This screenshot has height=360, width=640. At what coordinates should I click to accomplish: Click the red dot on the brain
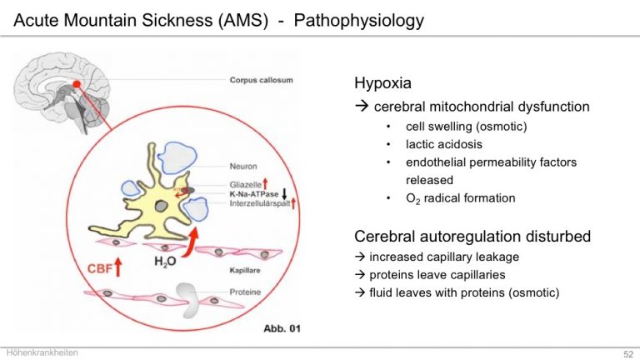77,84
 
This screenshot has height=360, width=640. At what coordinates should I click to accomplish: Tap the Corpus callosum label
261,80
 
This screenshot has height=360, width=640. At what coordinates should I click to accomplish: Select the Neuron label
243,166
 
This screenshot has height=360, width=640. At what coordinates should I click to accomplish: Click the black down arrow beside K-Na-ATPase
284,194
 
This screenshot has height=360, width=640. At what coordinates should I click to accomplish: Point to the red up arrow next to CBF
118,267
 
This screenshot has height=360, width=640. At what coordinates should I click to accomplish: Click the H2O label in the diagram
165,262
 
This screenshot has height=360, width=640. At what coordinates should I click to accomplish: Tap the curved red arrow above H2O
190,242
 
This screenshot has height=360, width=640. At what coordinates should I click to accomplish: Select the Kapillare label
245,270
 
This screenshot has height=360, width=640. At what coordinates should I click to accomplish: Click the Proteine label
245,292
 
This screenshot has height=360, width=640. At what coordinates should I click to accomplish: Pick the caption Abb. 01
282,328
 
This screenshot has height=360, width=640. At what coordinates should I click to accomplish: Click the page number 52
628,354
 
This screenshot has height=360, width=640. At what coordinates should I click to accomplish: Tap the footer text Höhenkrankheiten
42,352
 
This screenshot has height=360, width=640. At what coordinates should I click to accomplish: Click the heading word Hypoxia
382,83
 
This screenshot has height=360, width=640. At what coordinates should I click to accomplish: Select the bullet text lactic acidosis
444,144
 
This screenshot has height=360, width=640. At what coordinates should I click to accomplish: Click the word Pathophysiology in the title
359,20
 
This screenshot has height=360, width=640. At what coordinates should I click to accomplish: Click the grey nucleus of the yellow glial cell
161,206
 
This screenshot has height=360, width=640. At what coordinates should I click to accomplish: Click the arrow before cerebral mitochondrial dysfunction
362,107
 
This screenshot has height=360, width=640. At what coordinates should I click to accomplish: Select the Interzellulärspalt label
260,203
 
